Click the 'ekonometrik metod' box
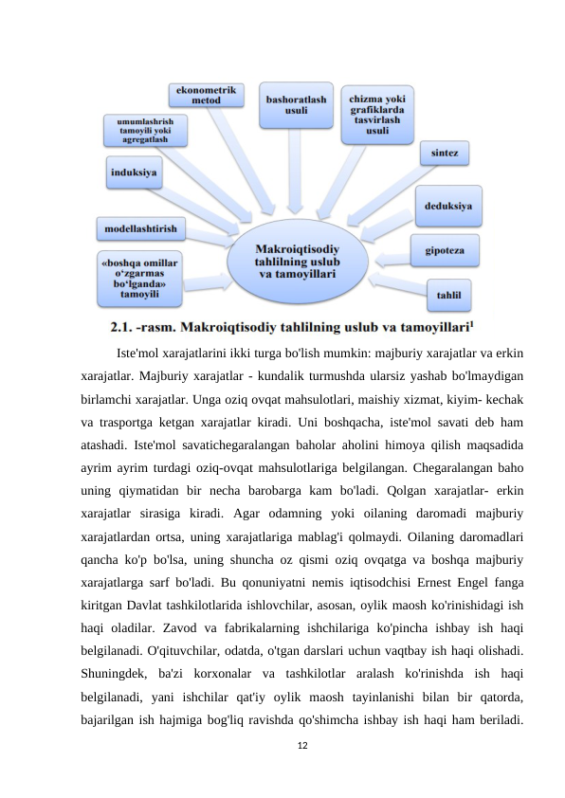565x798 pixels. click(206, 94)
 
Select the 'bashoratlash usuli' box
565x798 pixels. click(297, 105)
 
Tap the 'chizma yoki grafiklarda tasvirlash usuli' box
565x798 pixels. click(378, 114)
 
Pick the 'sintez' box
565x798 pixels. click(445, 152)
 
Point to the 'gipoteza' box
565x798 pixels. click(444, 251)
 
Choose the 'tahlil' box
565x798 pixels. click(448, 296)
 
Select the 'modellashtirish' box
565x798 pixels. click(141, 228)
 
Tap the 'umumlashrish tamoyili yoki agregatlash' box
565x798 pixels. click(145, 130)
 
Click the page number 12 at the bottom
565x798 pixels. click(302, 747)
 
